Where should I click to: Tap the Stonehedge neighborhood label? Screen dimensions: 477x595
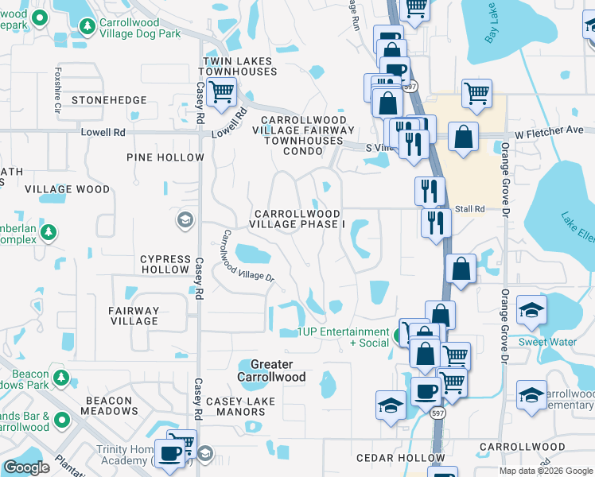[109, 100]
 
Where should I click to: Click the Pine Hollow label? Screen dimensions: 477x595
[165, 157]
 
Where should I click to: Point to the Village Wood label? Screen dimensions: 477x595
[68, 189]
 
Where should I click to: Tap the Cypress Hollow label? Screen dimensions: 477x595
[165, 264]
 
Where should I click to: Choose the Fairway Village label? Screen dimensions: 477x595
[134, 316]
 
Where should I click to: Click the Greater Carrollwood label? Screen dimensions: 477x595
[271, 370]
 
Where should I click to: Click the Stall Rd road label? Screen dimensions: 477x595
[470, 209]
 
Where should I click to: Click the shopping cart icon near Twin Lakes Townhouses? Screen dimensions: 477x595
[220, 92]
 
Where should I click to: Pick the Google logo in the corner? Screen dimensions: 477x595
[26, 467]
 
